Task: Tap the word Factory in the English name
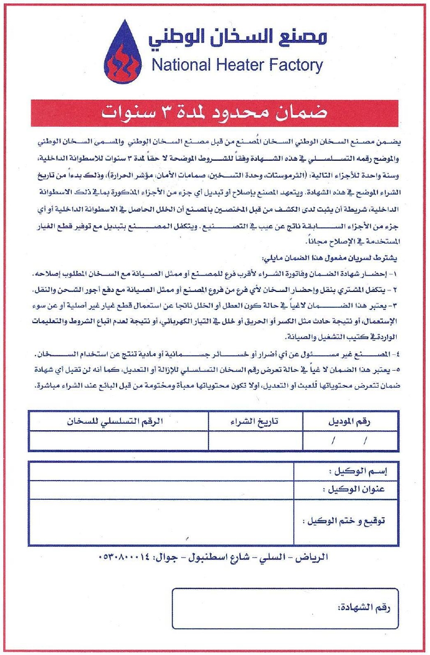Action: [x=295, y=66]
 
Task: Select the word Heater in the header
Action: [x=237, y=66]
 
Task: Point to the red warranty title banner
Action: [x=214, y=113]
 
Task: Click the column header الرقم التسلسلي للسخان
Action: [x=120, y=422]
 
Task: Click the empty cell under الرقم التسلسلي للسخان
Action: [x=119, y=440]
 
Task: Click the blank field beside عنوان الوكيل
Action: [x=162, y=490]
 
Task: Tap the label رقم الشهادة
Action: [x=362, y=607]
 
